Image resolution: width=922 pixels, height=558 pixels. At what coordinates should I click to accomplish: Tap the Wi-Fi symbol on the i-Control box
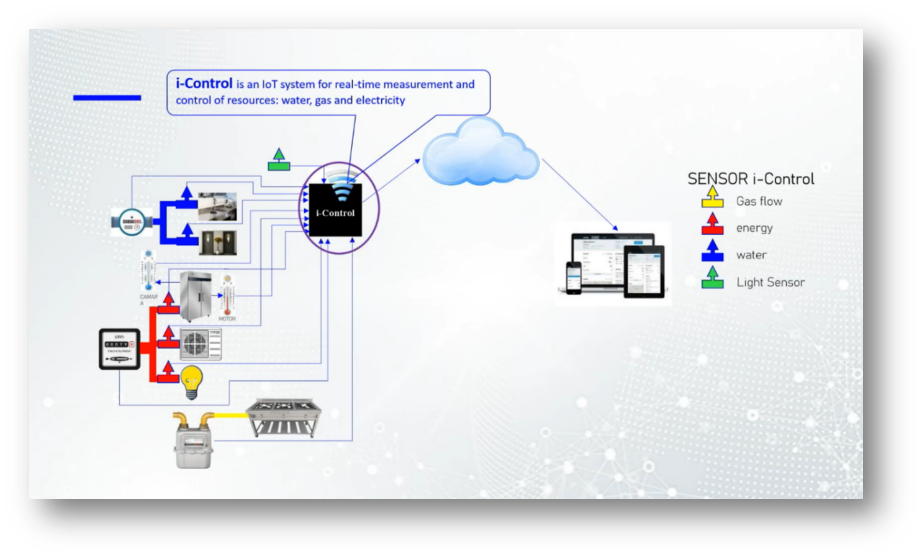pos(341,186)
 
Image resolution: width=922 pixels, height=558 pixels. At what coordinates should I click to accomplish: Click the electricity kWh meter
pos(119,349)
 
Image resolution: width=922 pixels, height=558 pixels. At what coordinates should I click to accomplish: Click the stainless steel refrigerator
pos(196,296)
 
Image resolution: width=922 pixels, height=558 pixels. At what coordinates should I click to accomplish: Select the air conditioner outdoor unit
pos(201,344)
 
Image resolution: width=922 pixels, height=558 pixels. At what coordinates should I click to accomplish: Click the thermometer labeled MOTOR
pos(227,297)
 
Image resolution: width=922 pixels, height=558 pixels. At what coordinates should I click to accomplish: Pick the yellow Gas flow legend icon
pos(712,198)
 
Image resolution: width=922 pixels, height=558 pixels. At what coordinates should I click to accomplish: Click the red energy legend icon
pos(712,224)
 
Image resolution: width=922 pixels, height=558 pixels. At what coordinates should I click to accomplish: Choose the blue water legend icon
pos(712,252)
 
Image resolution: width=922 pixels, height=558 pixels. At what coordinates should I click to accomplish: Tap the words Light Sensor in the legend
pos(771,282)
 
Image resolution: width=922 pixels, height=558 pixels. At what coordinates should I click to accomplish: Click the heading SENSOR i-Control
pos(751,179)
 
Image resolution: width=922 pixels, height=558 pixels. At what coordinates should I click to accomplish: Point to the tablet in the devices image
pos(644,271)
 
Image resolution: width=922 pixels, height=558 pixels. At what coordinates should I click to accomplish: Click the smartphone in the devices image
pos(573,277)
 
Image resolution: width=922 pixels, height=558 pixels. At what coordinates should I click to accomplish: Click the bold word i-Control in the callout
pos(204,83)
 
